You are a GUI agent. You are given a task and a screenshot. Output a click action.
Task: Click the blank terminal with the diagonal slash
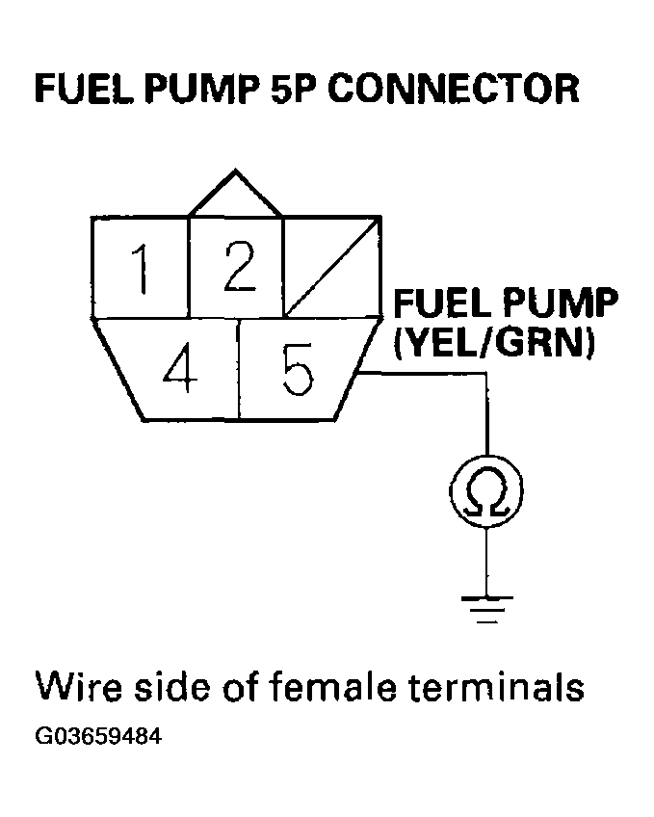330,267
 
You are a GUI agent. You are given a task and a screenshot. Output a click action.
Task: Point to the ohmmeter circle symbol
487,494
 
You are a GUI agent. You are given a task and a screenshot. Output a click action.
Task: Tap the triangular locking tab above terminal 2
235,197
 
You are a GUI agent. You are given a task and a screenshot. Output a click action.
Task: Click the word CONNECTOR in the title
455,89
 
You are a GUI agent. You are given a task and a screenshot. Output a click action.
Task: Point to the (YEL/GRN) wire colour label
491,342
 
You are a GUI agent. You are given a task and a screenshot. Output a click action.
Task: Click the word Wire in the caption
77,688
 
